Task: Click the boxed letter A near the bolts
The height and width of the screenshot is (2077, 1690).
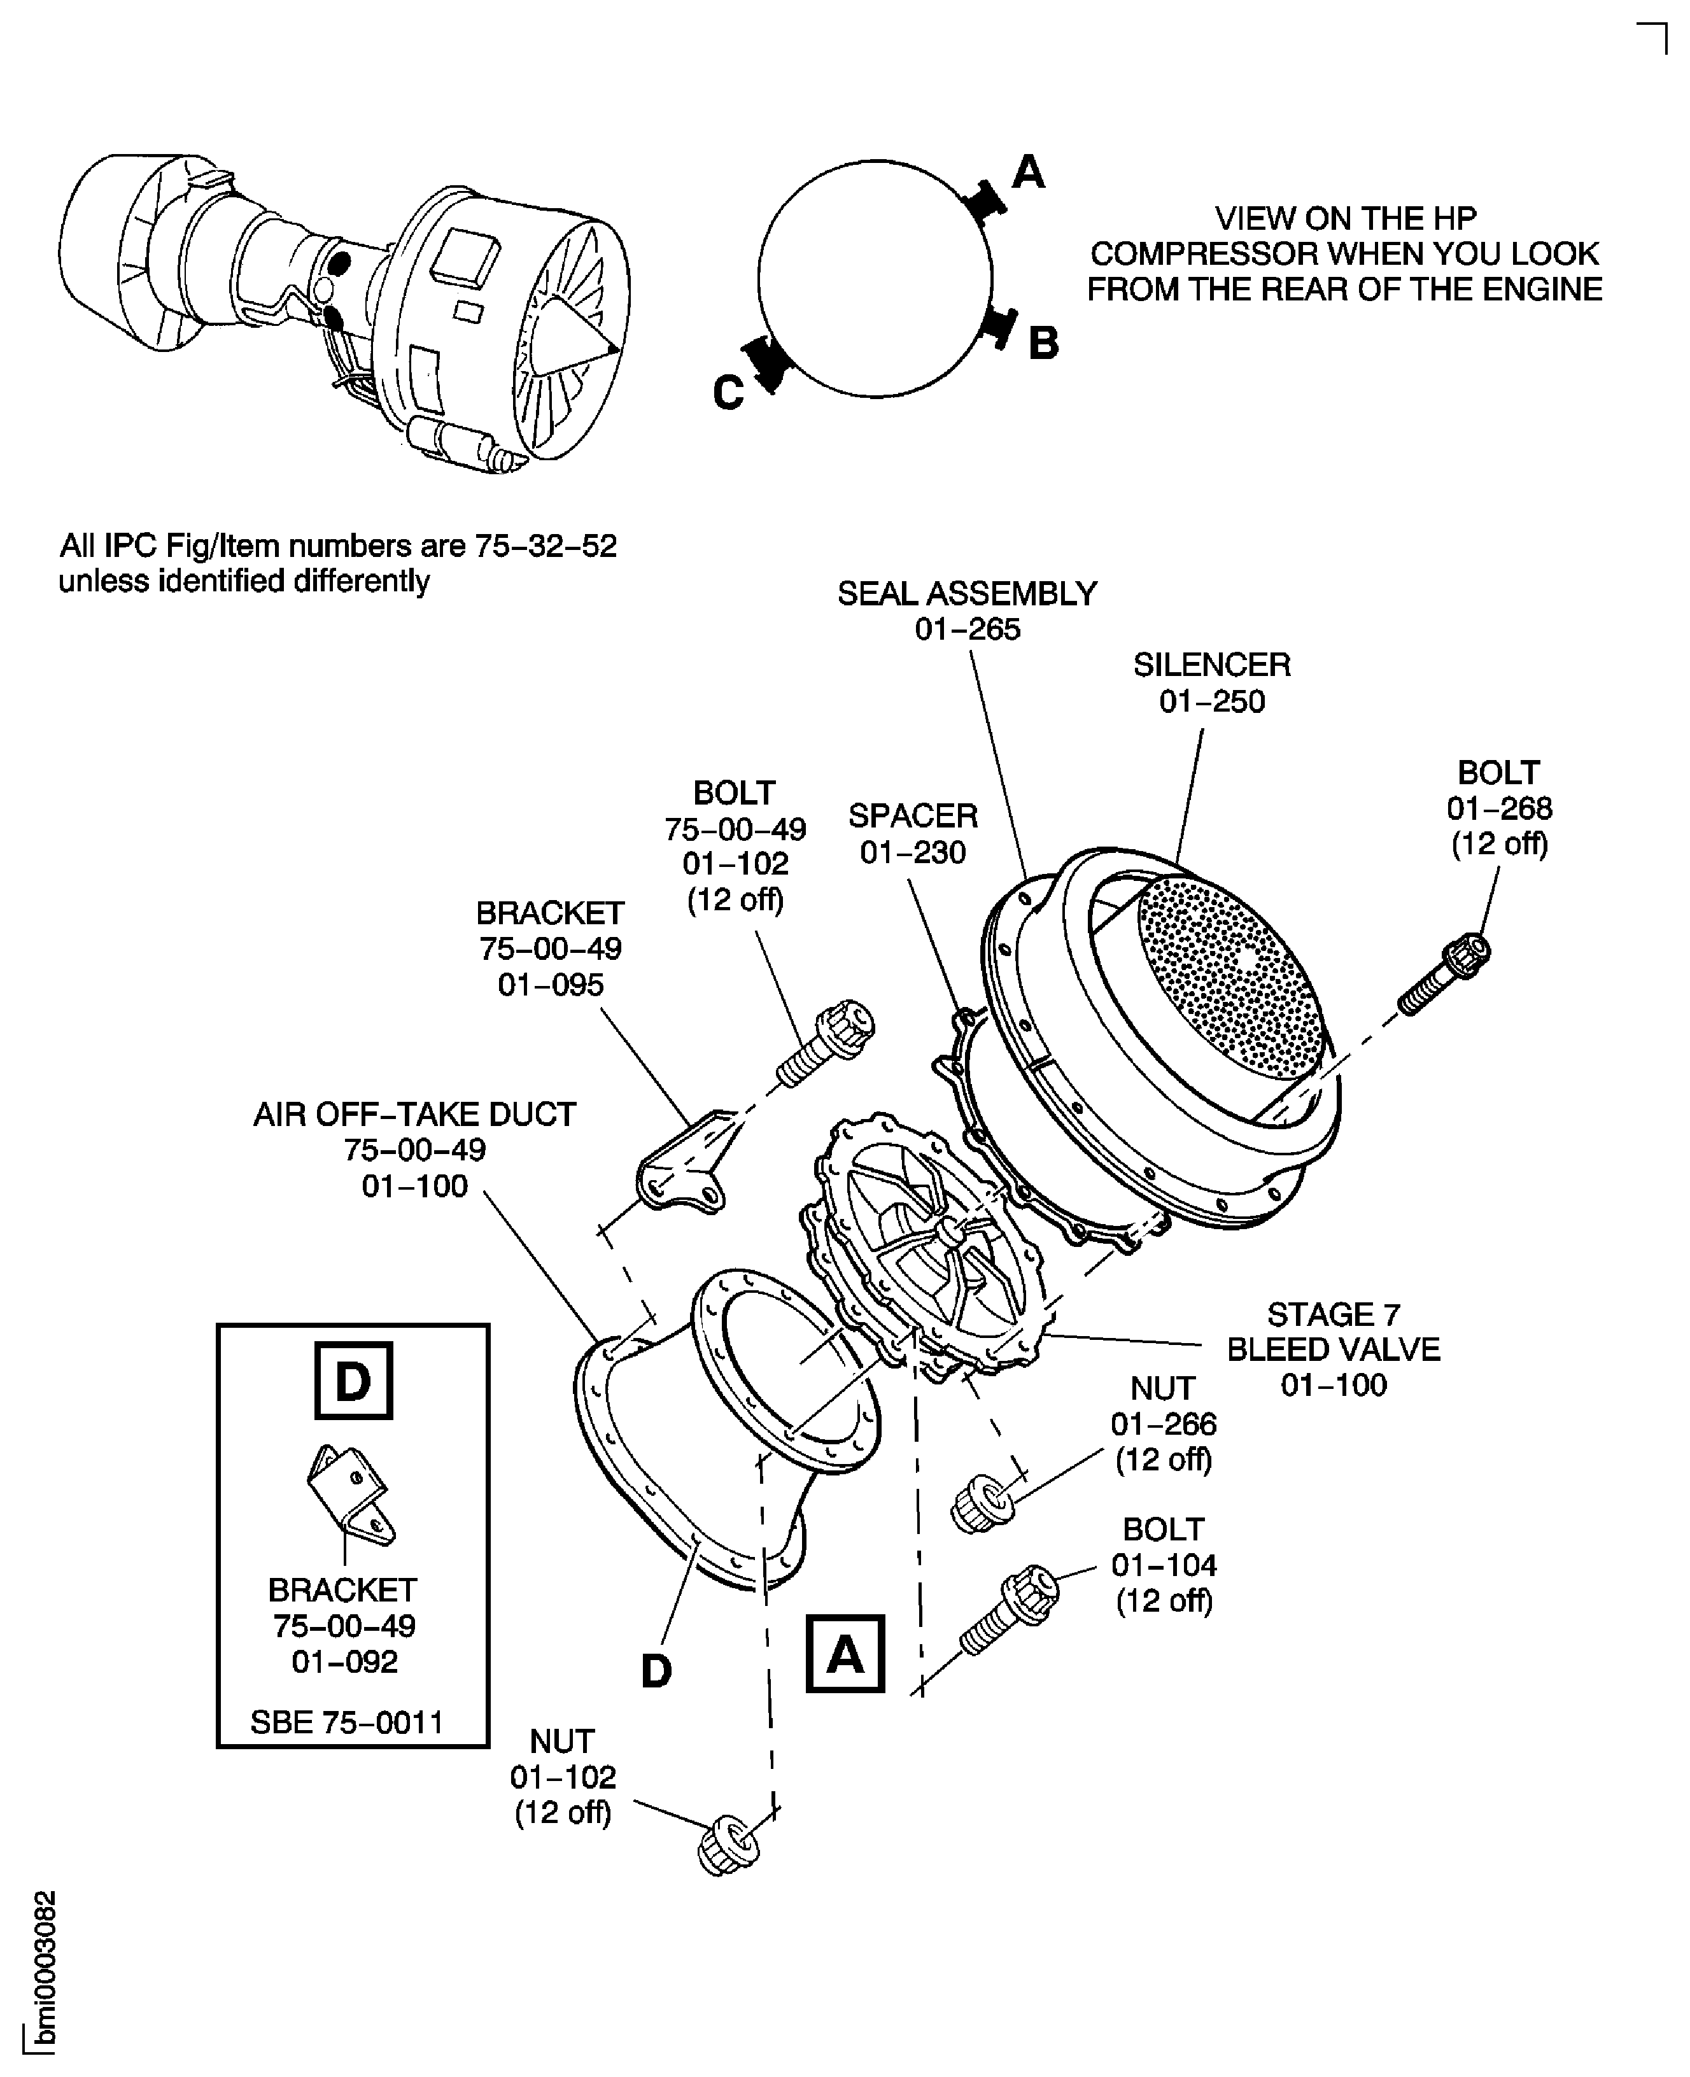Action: (x=845, y=1654)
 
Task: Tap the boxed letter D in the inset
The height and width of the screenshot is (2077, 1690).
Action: (x=353, y=1380)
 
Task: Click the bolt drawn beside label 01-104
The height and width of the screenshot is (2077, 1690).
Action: (x=1010, y=1610)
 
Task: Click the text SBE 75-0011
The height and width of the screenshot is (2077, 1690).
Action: (x=346, y=1722)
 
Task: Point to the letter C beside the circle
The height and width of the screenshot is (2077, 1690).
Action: (x=728, y=394)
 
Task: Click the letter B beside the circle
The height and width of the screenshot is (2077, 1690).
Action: (x=1043, y=342)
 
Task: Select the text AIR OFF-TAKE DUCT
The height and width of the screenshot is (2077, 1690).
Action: (x=415, y=1113)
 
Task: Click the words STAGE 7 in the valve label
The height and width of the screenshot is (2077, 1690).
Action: (x=1333, y=1314)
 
